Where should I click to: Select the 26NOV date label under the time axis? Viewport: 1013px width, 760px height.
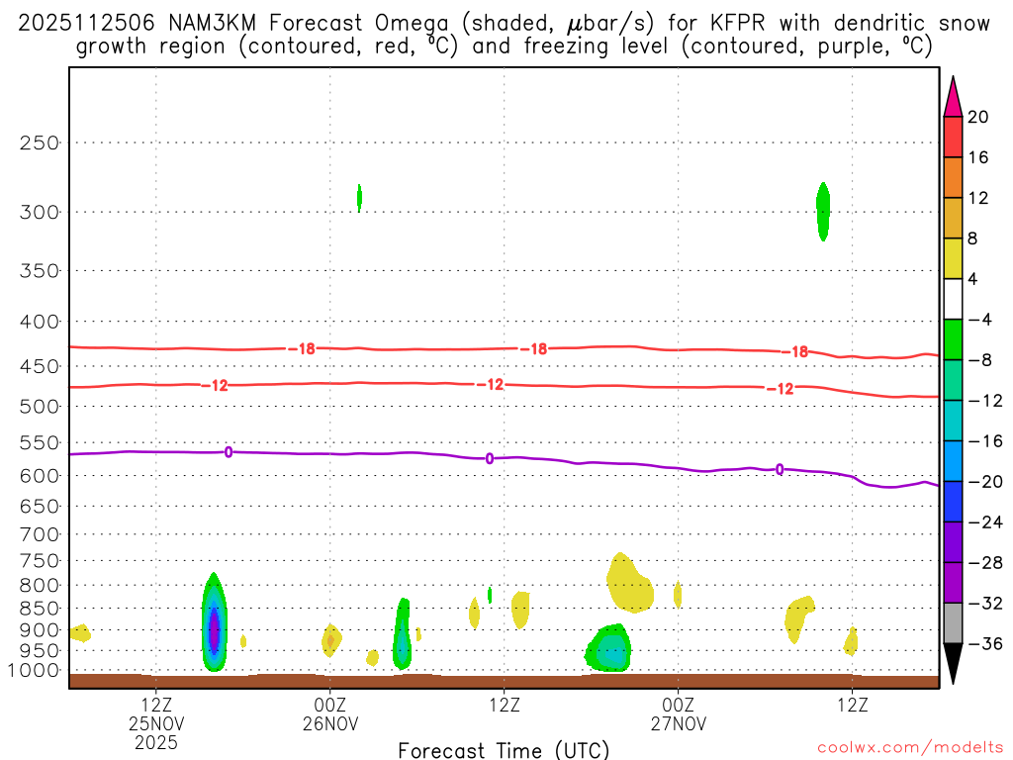click(329, 723)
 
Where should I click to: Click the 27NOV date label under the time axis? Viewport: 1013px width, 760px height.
click(678, 723)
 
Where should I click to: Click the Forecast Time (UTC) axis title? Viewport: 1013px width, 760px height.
click(504, 749)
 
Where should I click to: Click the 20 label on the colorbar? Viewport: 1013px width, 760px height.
click(978, 117)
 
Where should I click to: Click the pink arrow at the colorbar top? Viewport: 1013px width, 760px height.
click(953, 96)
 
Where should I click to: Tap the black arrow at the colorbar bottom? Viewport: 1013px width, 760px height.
click(953, 664)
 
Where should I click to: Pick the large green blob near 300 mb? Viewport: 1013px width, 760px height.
click(823, 211)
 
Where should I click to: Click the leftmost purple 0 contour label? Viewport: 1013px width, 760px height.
click(229, 452)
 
